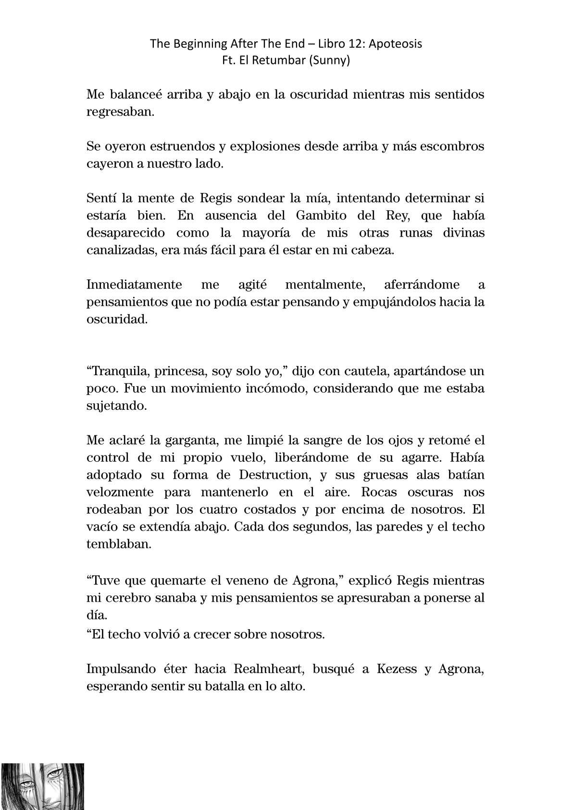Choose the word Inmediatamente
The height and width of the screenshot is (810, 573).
click(x=134, y=284)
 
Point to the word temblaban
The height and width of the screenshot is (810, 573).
click(x=119, y=544)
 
